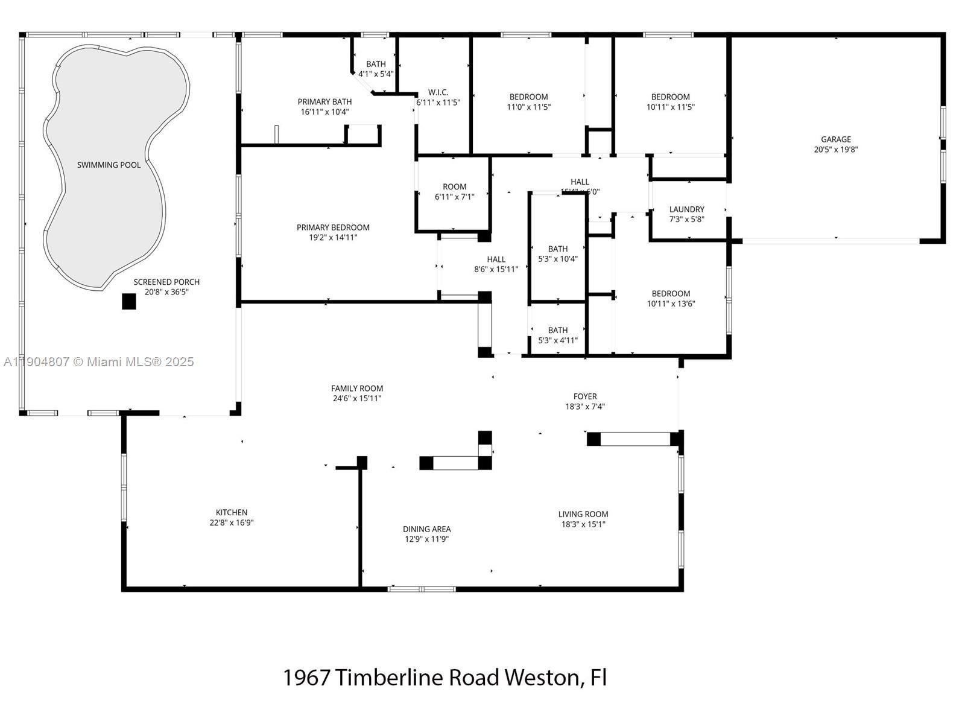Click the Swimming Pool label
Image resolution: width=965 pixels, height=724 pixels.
click(109, 165)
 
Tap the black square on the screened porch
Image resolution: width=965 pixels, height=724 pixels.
click(128, 301)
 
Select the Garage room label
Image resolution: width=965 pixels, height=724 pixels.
click(835, 139)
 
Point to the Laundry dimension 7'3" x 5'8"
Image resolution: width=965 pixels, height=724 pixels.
click(686, 220)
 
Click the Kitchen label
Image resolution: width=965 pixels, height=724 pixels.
click(232, 513)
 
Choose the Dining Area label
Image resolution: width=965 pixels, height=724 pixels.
click(426, 529)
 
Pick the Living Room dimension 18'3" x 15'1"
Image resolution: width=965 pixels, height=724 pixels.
click(583, 524)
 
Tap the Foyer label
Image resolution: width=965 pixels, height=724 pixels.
click(585, 396)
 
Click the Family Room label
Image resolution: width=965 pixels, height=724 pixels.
click(357, 389)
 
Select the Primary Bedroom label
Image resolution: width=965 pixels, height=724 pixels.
click(333, 227)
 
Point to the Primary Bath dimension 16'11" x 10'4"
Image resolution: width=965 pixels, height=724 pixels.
click(324, 112)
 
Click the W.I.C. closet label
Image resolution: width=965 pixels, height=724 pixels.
click(438, 92)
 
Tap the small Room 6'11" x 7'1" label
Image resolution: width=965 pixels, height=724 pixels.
click(454, 187)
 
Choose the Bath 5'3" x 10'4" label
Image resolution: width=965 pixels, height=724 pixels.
click(558, 249)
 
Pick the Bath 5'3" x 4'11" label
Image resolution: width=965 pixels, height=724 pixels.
click(558, 331)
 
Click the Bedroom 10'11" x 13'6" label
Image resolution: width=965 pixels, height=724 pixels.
click(671, 294)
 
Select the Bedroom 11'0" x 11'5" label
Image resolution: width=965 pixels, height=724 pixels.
click(529, 97)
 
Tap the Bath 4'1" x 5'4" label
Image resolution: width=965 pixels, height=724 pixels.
click(376, 65)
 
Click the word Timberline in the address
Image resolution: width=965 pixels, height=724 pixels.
click(390, 678)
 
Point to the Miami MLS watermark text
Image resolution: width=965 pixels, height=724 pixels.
click(99, 362)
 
